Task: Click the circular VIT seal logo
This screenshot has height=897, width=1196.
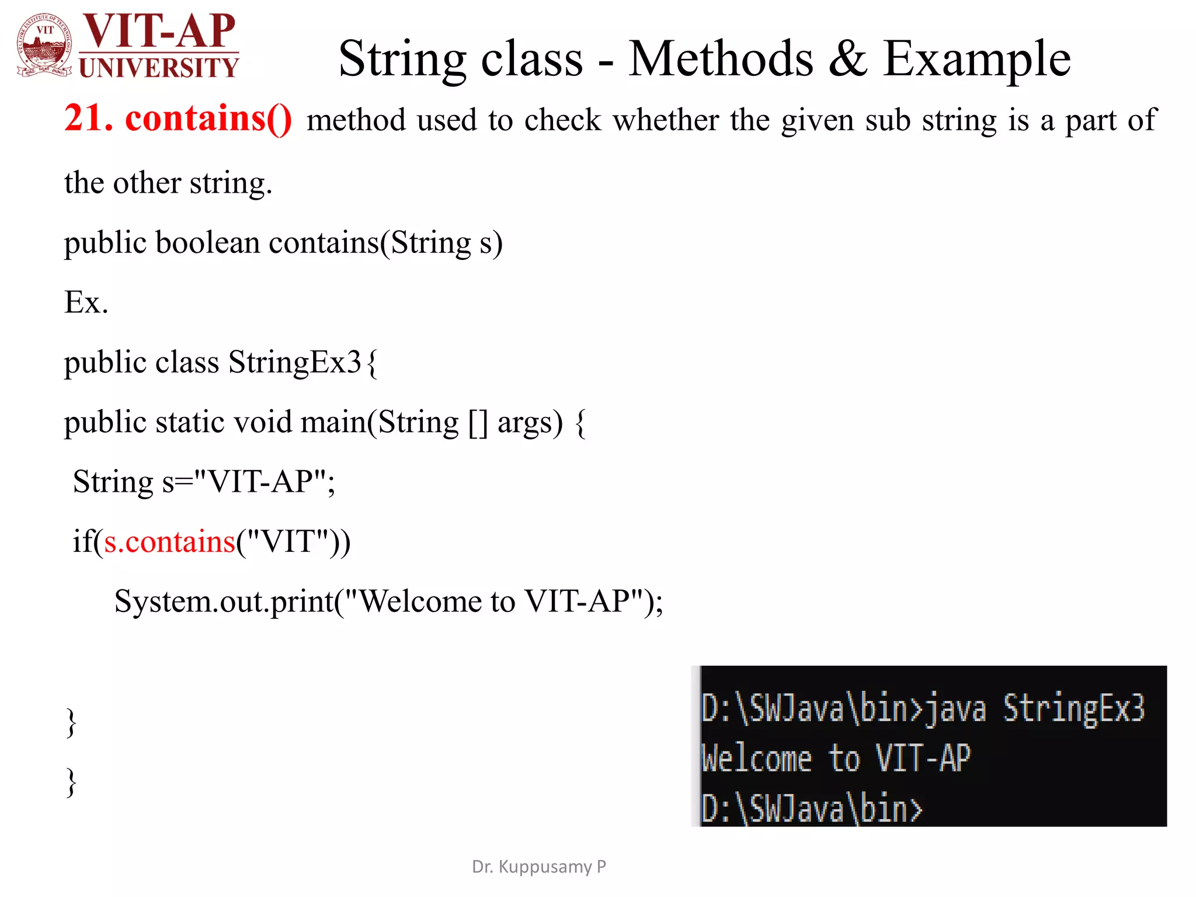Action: (x=46, y=45)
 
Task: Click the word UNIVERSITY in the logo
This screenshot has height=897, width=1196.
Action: (x=159, y=68)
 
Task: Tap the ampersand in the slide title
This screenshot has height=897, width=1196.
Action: (x=847, y=58)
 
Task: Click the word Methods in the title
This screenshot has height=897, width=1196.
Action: (x=721, y=58)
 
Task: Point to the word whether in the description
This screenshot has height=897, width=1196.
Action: (x=666, y=120)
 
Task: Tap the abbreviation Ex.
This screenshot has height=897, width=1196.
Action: (x=86, y=303)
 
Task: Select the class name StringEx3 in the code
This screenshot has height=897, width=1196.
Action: (x=295, y=363)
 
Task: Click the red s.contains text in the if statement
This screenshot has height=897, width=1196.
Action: (x=169, y=542)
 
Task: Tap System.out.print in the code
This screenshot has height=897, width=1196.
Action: (x=224, y=602)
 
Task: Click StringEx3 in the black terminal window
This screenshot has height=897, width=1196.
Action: (x=1073, y=708)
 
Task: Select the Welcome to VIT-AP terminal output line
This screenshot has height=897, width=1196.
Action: (x=835, y=759)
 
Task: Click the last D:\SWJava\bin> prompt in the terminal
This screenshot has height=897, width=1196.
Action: (x=811, y=809)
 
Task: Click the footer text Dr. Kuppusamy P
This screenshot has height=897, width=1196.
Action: (x=538, y=867)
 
